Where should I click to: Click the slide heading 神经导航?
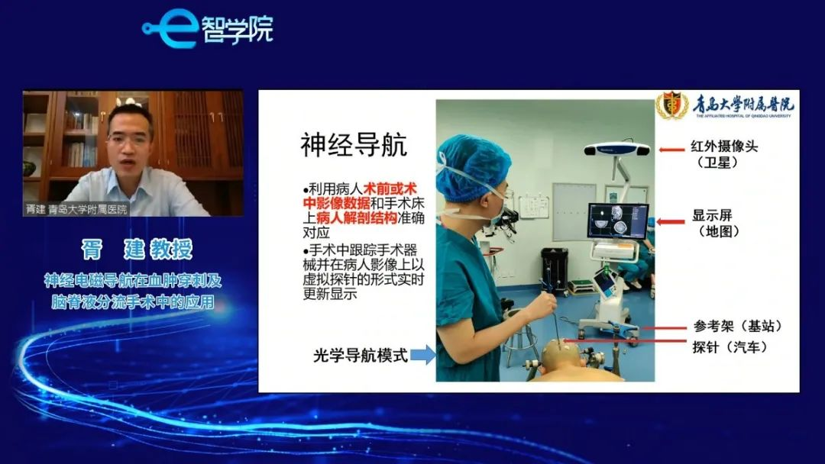coord(354,144)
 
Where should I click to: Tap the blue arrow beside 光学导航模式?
coord(422,355)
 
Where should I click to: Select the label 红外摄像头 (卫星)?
coord(724,154)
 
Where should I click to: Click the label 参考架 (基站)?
coord(736,327)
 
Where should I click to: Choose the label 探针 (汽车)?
coord(730,346)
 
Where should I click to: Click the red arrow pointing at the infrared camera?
coord(671,150)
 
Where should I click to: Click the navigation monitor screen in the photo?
coord(618,221)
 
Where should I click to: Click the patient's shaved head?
coord(558,355)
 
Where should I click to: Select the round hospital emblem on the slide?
coord(671,105)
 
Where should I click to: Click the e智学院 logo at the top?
coord(208,28)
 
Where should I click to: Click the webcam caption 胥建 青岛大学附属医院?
coord(77,209)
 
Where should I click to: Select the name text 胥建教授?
coord(137,249)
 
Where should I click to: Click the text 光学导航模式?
coord(361,356)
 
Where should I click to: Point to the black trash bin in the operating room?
coord(554,269)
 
